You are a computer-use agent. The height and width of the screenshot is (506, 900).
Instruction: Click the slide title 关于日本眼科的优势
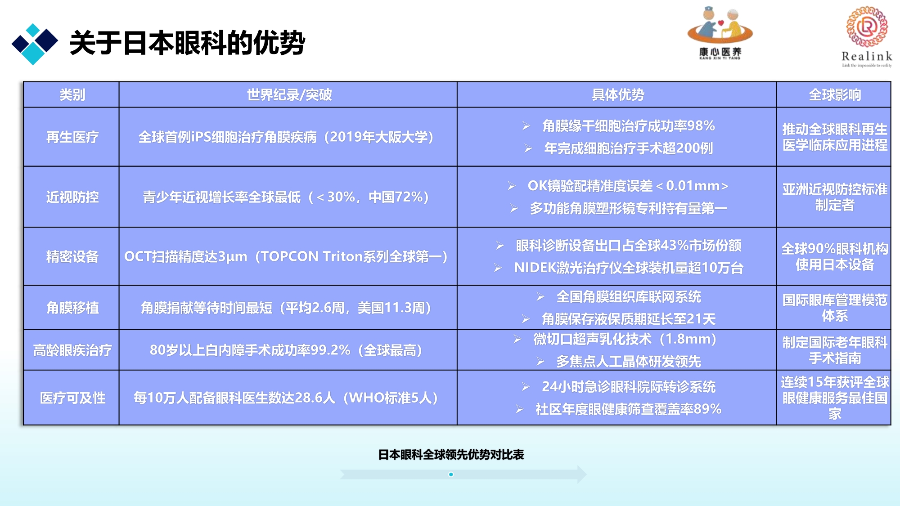[187, 43]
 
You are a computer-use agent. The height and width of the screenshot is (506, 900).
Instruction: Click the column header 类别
[72, 95]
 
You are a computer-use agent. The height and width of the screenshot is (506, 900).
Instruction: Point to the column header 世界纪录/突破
[289, 95]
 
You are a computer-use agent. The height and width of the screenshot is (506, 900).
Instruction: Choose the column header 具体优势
[617, 95]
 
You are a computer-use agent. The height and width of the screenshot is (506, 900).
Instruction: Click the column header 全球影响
[834, 95]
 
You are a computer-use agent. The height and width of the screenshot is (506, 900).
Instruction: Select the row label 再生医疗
[72, 137]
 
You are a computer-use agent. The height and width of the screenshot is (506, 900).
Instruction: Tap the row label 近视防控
[72, 197]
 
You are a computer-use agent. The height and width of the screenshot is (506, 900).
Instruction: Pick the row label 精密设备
[72, 256]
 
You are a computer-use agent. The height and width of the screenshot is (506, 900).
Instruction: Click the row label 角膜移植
[72, 308]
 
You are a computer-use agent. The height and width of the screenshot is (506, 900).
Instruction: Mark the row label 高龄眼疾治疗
[72, 350]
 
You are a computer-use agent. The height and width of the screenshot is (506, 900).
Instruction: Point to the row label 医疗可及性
[72, 398]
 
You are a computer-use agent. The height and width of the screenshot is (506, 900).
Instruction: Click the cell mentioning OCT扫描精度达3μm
[286, 256]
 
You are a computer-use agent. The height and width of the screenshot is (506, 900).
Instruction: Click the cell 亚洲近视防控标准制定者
[835, 197]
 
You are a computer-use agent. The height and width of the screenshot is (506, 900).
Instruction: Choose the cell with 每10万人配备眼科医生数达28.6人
[286, 398]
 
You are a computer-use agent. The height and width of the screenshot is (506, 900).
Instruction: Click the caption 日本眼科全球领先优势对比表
[451, 455]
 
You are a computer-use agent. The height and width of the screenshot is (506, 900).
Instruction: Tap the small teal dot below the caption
[451, 475]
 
